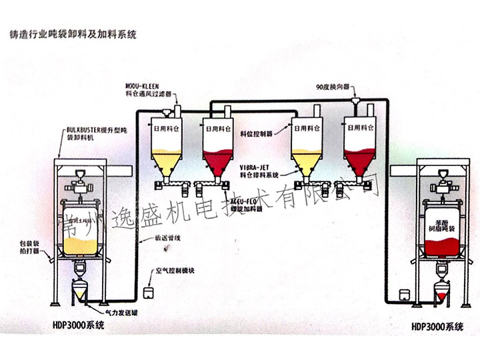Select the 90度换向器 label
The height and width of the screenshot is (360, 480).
pos(336,87)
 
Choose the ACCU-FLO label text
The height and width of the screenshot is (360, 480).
pos(243,199)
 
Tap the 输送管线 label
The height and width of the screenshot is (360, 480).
pos(167,237)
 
